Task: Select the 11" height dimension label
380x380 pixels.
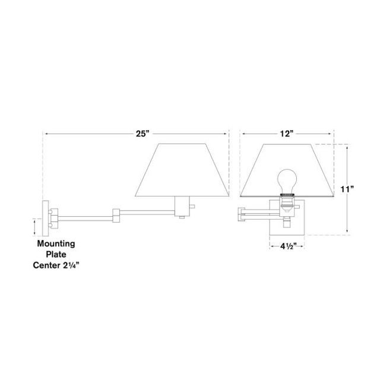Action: tap(348, 189)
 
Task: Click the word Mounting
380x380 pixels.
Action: tap(57, 243)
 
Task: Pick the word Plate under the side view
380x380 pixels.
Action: tap(57, 254)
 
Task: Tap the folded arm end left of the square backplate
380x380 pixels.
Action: tap(242, 212)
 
